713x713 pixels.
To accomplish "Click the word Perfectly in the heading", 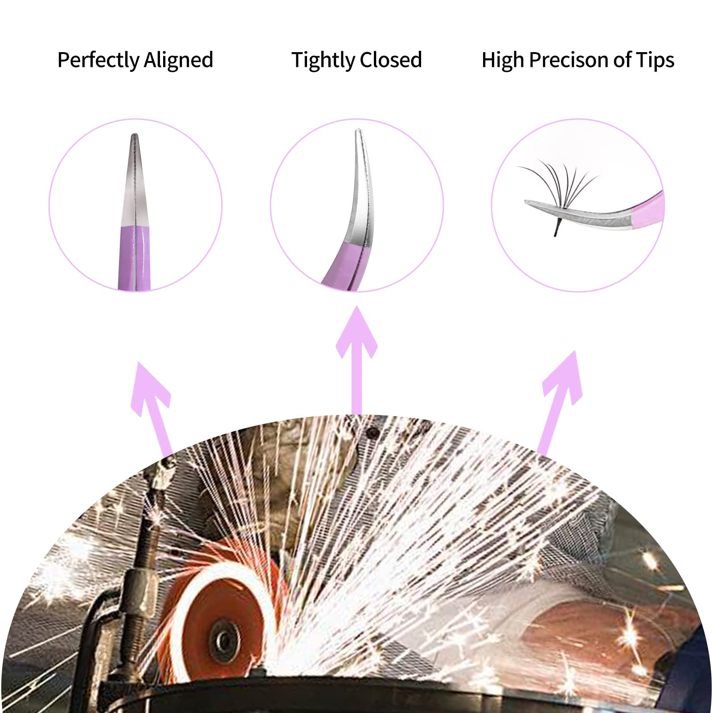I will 98,60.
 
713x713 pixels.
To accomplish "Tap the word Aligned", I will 178,60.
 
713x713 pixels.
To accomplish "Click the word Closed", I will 391,59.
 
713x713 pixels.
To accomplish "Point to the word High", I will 502,59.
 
